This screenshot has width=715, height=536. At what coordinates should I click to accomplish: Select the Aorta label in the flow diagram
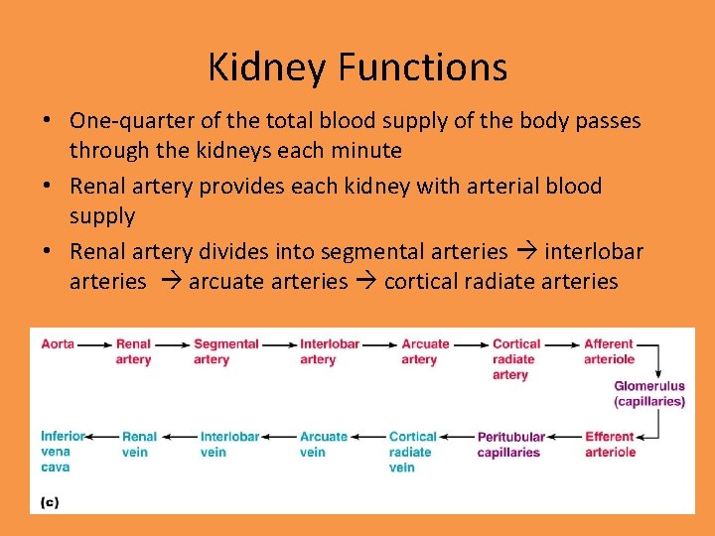click(x=58, y=344)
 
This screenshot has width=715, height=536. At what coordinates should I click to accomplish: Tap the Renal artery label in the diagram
click(x=133, y=351)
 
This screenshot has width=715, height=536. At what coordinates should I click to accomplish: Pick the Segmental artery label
click(x=226, y=351)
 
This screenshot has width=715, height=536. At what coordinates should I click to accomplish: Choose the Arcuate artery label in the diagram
click(x=425, y=351)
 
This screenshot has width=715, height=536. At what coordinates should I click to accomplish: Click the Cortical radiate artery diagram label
click(x=515, y=359)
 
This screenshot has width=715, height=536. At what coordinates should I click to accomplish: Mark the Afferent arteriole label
click(x=609, y=351)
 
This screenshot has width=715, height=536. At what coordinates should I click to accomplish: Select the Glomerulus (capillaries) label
click(x=649, y=394)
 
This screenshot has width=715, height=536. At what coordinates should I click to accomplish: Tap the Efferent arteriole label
click(x=610, y=444)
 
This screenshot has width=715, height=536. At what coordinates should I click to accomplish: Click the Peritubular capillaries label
click(x=510, y=444)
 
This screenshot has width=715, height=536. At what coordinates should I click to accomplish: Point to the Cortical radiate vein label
click(x=412, y=452)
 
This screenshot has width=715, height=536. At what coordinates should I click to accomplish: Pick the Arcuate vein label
click(x=324, y=444)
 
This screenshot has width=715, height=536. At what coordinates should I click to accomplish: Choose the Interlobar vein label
click(x=229, y=444)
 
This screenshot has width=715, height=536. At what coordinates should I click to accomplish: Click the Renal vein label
click(x=139, y=444)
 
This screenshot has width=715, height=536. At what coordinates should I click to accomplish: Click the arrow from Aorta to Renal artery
click(x=94, y=344)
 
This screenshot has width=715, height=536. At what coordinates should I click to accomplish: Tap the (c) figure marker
click(x=50, y=502)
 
